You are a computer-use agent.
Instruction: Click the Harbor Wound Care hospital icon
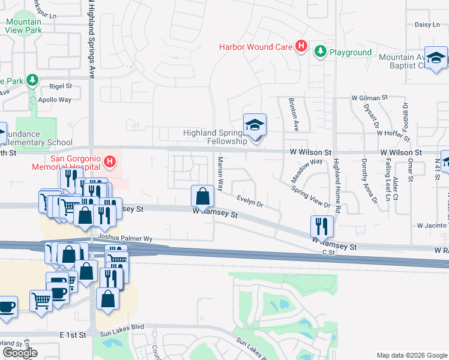(x=301, y=46)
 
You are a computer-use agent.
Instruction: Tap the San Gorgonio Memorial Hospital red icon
(x=110, y=161)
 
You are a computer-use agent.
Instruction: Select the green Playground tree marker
(x=321, y=52)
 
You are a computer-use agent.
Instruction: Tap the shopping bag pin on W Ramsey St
(x=203, y=196)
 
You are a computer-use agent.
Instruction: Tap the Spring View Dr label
(x=311, y=196)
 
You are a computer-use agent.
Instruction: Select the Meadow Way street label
(x=307, y=170)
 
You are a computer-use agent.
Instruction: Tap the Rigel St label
(x=60, y=86)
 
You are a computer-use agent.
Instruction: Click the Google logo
(x=20, y=353)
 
